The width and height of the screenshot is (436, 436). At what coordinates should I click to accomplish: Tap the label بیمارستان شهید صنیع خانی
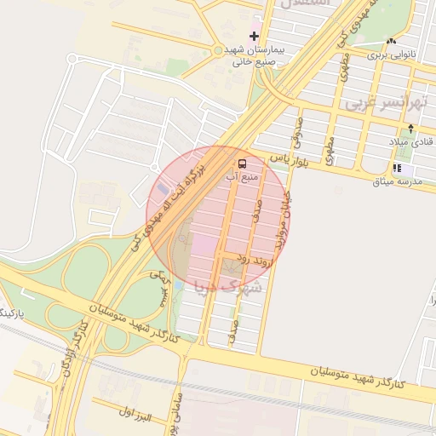pyautogui.click(x=253, y=55)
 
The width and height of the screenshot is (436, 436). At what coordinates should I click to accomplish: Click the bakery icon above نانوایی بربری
pyautogui.click(x=392, y=41)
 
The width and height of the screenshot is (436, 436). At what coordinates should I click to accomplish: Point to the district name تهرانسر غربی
pyautogui.click(x=385, y=102)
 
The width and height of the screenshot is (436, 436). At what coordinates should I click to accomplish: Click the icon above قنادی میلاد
pyautogui.click(x=410, y=129)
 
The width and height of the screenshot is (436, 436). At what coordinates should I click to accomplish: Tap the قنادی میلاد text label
pyautogui.click(x=411, y=141)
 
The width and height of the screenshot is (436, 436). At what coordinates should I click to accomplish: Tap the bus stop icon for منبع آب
pyautogui.click(x=243, y=163)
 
